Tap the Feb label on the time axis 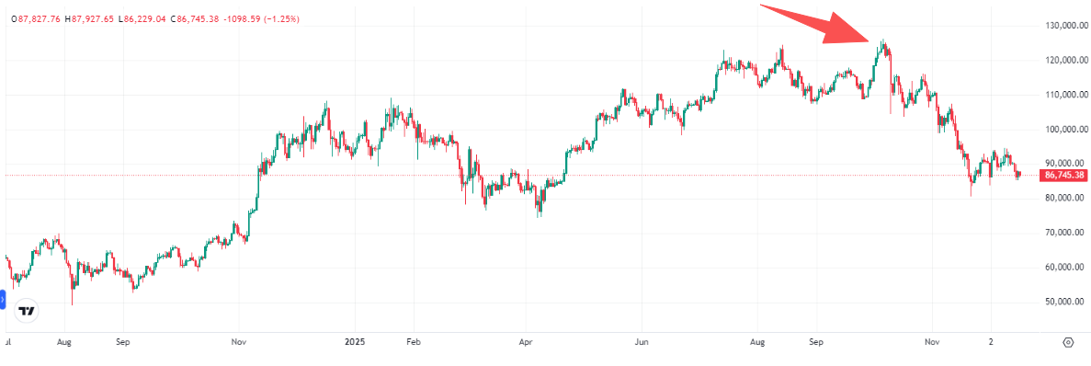[x=413, y=341]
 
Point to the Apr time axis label [x=526, y=341]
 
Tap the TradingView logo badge [x=28, y=311]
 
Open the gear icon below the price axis [x=1068, y=341]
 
